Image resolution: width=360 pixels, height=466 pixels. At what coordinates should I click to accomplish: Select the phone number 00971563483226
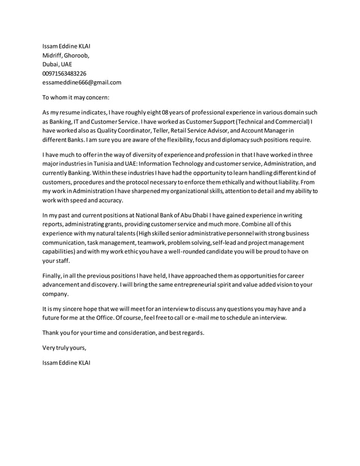click(64, 73)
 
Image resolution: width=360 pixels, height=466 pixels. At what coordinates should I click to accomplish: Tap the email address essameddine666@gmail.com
click(82, 82)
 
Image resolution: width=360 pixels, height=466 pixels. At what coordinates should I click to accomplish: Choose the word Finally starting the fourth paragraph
click(55, 276)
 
